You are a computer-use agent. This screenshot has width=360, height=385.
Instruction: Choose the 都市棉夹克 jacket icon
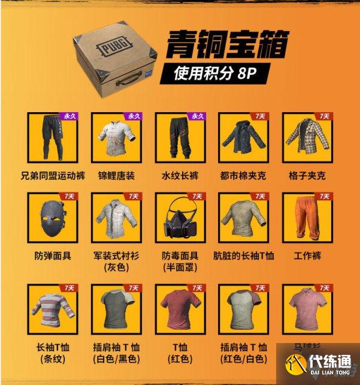[241, 137]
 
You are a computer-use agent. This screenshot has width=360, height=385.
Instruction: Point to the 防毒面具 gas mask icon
[178, 218]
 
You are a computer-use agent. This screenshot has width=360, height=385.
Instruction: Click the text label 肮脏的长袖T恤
[243, 256]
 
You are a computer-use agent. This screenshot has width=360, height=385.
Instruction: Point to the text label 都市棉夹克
[243, 175]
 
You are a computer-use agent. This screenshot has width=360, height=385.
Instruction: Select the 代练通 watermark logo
[317, 363]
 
